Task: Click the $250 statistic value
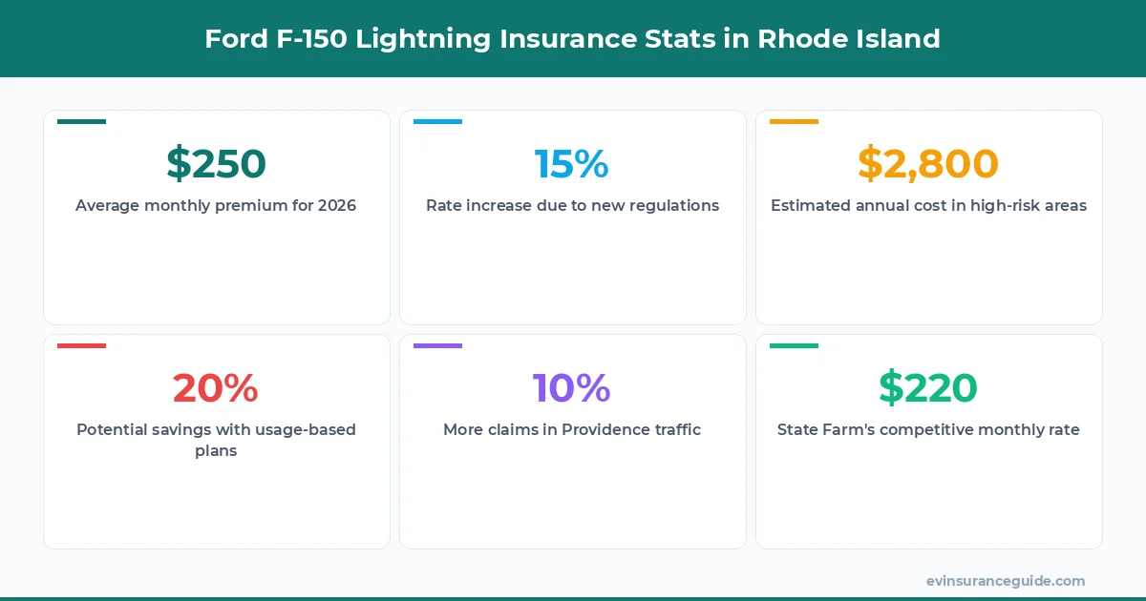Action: [x=216, y=164]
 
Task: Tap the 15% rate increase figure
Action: [x=572, y=164]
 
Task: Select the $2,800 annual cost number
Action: [x=928, y=164]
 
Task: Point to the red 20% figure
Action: [x=216, y=388]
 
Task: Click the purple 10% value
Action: [x=572, y=388]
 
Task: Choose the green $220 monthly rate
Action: [x=928, y=388]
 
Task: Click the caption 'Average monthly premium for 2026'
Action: [x=216, y=205]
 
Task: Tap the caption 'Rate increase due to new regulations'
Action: [x=572, y=205]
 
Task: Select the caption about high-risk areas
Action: [x=928, y=205]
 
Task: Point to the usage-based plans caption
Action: [x=216, y=440]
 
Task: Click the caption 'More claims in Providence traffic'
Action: [x=572, y=429]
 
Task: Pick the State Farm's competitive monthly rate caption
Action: [x=928, y=429]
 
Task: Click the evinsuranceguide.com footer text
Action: [x=1006, y=580]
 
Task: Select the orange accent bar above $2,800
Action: [x=794, y=121]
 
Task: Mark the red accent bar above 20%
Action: [x=81, y=345]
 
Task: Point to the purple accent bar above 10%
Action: [x=437, y=345]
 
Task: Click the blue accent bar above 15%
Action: [x=437, y=121]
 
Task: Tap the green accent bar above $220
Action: [x=794, y=345]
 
